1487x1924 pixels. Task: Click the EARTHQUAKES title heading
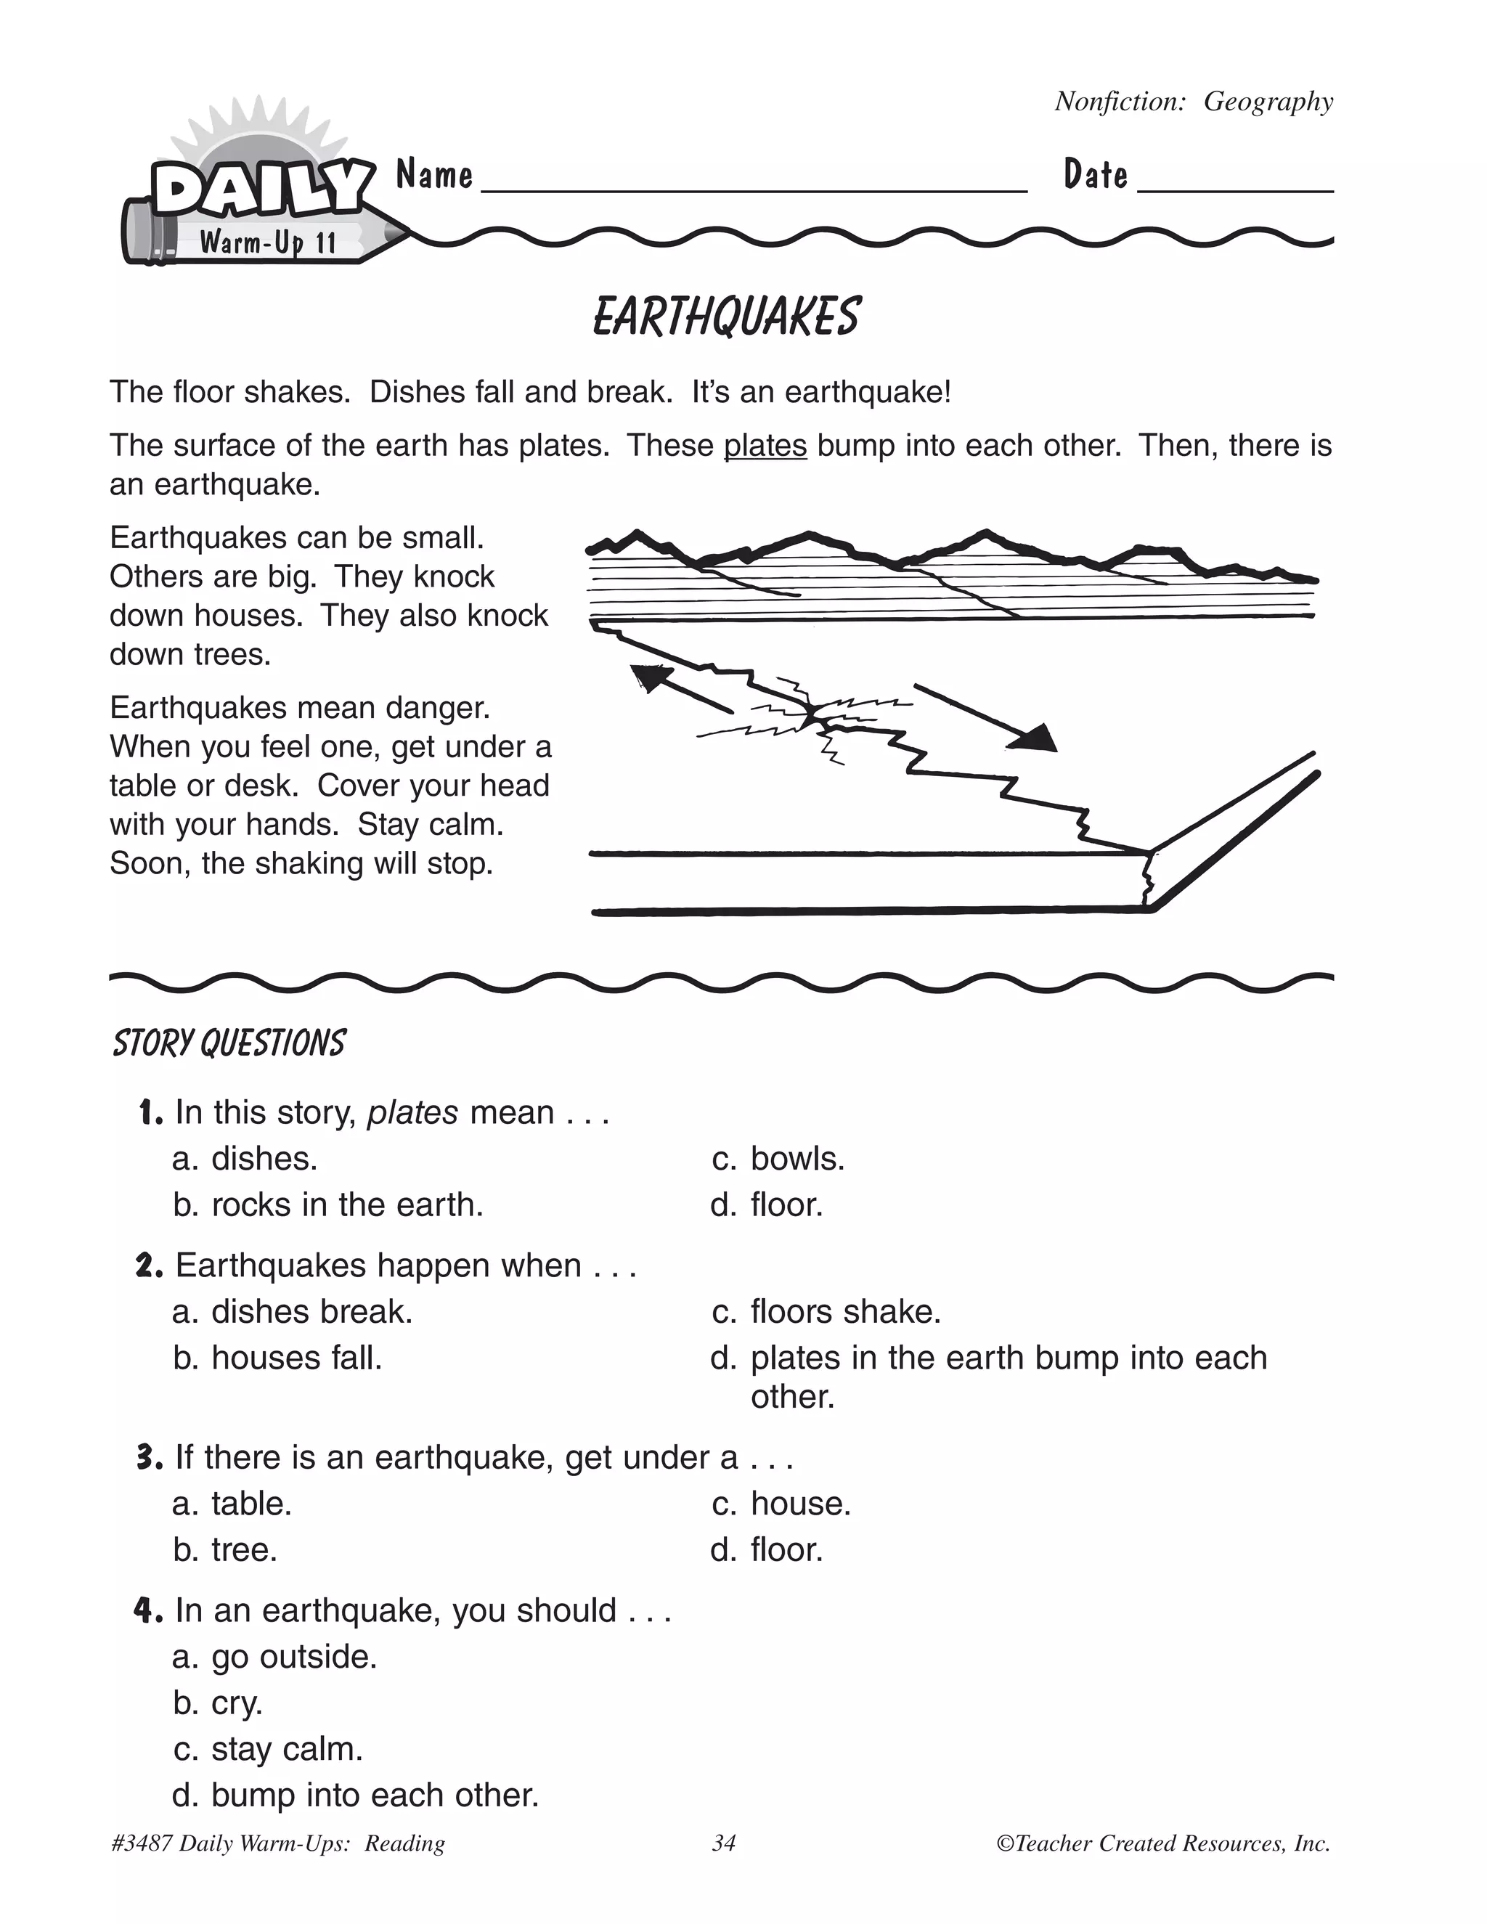[x=726, y=317]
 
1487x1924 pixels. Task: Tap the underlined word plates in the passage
[x=765, y=446]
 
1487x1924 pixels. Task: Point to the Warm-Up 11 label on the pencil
[x=268, y=241]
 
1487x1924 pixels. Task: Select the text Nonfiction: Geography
[x=1194, y=102]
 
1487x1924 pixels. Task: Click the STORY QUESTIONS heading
[x=229, y=1043]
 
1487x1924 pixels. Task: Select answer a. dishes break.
[x=293, y=1312]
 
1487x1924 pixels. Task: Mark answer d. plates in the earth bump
[x=988, y=1358]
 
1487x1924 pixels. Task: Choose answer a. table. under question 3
[x=232, y=1504]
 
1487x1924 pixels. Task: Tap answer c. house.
[x=781, y=1504]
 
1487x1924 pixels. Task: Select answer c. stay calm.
[x=269, y=1749]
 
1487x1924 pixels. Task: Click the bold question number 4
[x=148, y=1611]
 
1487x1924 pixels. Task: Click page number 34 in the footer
[x=723, y=1843]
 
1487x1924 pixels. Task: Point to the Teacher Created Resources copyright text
[x=1163, y=1843]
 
